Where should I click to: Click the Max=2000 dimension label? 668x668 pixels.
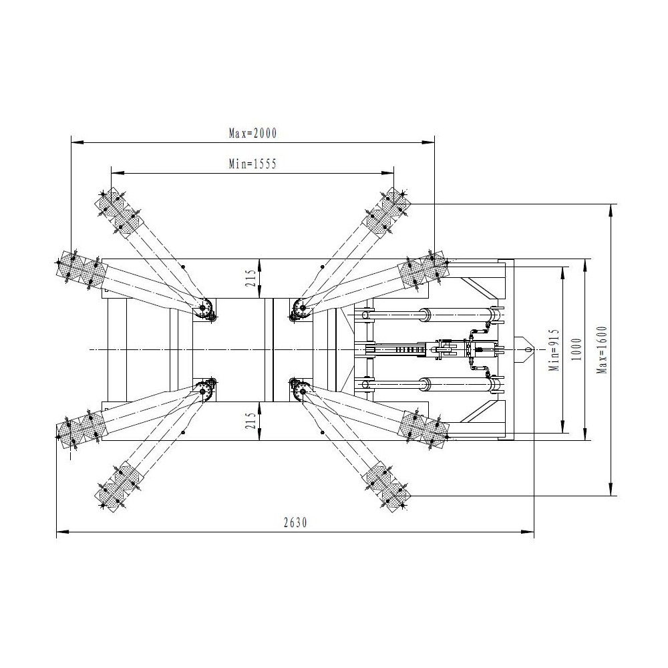(253, 134)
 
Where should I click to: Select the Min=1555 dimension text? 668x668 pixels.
(253, 164)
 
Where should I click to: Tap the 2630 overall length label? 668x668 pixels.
(295, 522)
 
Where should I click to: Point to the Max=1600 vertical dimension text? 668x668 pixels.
(602, 350)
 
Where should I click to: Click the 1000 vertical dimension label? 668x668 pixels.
(576, 349)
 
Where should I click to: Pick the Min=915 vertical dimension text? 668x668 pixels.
(553, 350)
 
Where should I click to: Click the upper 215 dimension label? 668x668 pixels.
(252, 278)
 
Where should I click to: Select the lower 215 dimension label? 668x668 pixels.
(252, 420)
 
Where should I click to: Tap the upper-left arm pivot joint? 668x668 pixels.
(206, 307)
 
